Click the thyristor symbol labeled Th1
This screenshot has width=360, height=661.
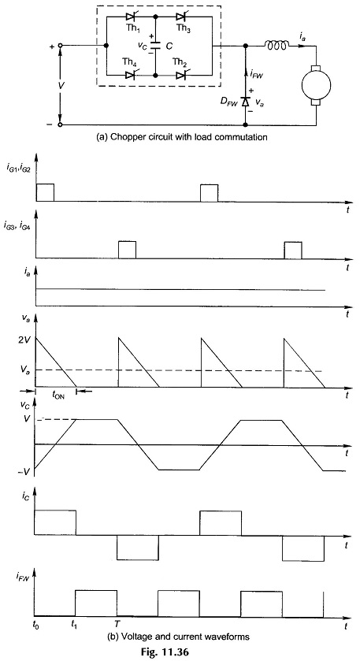(x=130, y=17)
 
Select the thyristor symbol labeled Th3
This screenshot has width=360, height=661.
(x=181, y=17)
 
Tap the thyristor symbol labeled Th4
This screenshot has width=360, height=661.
(x=130, y=76)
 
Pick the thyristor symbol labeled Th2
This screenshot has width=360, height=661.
(x=181, y=76)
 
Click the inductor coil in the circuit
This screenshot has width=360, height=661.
(x=276, y=44)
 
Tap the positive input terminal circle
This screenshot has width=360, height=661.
(x=60, y=46)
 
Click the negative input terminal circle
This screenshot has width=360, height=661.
(x=60, y=124)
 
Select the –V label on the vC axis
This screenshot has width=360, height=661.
(x=25, y=471)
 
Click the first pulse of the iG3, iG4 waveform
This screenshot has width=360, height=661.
(x=128, y=249)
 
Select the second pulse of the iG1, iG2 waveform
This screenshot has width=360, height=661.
(x=210, y=193)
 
